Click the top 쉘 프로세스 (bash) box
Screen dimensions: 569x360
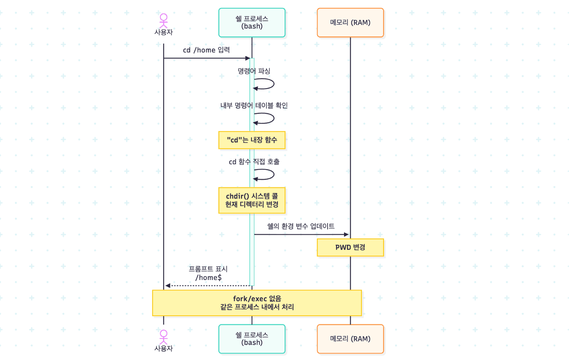pyautogui.click(x=252, y=23)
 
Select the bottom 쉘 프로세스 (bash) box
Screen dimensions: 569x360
pyautogui.click(x=252, y=339)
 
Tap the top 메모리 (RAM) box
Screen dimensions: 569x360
pyautogui.click(x=350, y=23)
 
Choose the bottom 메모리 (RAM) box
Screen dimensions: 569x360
pyautogui.click(x=350, y=339)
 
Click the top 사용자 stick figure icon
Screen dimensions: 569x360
pyautogui.click(x=164, y=21)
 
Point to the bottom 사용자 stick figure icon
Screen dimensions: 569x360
pyautogui.click(x=164, y=337)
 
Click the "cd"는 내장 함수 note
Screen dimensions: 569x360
pyautogui.click(x=252, y=140)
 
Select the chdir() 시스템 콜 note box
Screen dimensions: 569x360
pyautogui.click(x=252, y=200)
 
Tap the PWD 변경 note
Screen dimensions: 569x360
pyautogui.click(x=350, y=247)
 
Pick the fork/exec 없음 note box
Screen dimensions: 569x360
pyautogui.click(x=257, y=303)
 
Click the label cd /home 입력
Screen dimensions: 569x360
pyautogui.click(x=206, y=50)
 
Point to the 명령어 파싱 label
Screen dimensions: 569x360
pyautogui.click(x=254, y=71)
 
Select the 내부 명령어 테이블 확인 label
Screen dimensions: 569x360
pyautogui.click(x=254, y=105)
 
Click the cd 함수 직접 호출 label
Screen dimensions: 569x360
pyautogui.click(x=254, y=162)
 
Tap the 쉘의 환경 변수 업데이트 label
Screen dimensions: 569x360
pyautogui.click(x=301, y=226)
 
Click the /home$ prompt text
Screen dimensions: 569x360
pyautogui.click(x=208, y=277)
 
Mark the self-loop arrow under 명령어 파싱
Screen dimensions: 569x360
pyautogui.click(x=274, y=84)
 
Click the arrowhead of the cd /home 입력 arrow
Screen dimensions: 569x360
pyautogui.click(x=248, y=58)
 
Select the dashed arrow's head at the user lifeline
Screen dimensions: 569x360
pyautogui.click(x=168, y=285)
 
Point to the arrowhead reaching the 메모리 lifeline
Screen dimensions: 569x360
pyautogui.click(x=346, y=235)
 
